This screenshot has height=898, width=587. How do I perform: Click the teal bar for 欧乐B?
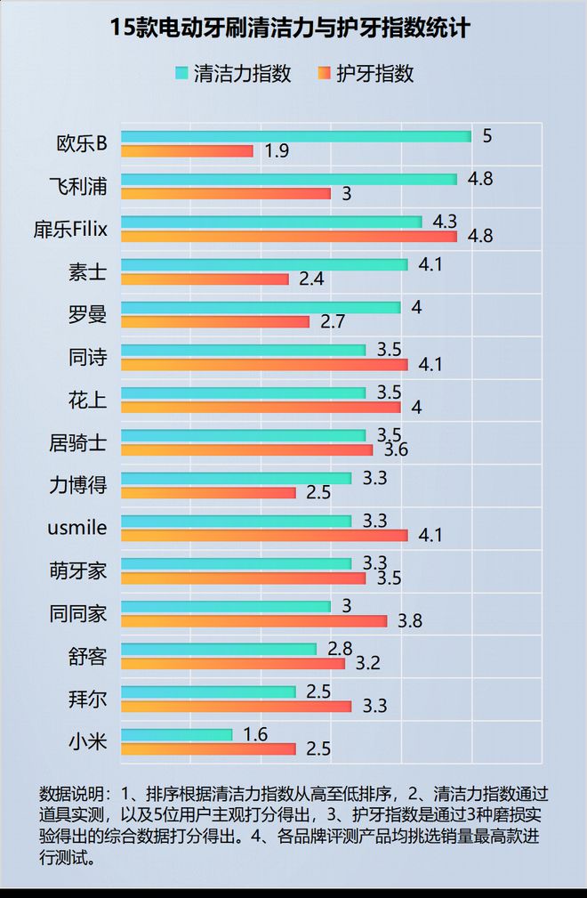pyautogui.click(x=295, y=136)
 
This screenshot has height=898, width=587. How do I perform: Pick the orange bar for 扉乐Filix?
pyautogui.click(x=288, y=236)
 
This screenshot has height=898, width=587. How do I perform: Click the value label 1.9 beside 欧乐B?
pyautogui.click(x=277, y=151)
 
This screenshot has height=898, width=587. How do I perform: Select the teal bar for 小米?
pyautogui.click(x=176, y=734)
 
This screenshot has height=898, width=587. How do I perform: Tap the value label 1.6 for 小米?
pyautogui.click(x=255, y=734)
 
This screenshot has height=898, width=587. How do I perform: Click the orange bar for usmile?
pyautogui.click(x=264, y=535)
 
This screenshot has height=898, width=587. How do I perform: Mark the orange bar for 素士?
pyautogui.click(x=205, y=279)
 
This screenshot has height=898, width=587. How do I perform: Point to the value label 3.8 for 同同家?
pyautogui.click(x=410, y=621)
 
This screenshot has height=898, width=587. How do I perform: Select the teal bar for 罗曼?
pyautogui.click(x=261, y=307)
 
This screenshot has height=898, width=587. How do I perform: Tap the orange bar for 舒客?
pyautogui.click(x=232, y=663)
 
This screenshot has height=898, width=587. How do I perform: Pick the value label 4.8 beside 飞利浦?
pyautogui.click(x=480, y=179)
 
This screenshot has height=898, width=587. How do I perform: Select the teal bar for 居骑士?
pyautogui.click(x=243, y=435)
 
